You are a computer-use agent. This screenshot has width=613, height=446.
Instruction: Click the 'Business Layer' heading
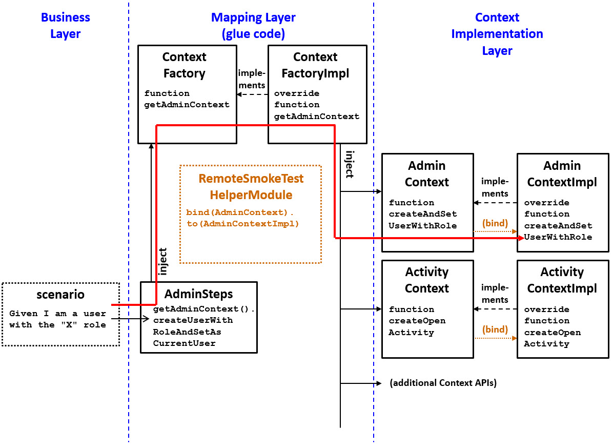point(65,26)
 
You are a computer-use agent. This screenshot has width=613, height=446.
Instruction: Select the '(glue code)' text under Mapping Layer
point(253,34)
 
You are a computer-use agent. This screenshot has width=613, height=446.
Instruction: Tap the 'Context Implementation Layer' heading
point(497,34)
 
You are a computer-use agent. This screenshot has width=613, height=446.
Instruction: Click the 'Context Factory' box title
point(184,65)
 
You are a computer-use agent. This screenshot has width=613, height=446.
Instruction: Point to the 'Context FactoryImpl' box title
point(315,65)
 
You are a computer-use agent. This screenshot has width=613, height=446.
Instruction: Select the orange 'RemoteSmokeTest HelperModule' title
point(251,187)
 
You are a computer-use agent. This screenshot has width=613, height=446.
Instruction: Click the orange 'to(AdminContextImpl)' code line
point(242,224)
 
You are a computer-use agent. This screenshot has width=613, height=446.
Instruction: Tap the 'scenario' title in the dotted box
point(60,295)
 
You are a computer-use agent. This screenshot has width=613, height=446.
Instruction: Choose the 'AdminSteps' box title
point(198,294)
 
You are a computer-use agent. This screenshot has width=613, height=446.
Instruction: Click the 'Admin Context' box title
point(427,174)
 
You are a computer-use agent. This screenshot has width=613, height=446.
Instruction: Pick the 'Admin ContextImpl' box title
point(562,174)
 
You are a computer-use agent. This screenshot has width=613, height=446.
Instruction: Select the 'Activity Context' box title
point(427,280)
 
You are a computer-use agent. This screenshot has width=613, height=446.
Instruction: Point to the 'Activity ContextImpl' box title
point(562,280)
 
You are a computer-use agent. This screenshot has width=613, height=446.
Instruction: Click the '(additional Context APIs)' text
point(443,383)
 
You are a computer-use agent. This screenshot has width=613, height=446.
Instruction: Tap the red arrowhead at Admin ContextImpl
point(520,238)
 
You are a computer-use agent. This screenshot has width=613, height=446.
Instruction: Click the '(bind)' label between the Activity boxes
point(495,329)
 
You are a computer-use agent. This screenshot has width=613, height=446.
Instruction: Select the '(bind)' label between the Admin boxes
point(495,223)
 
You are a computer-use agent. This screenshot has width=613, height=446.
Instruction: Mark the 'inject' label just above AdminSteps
point(164,262)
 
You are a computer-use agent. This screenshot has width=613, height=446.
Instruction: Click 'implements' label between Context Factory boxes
point(252,80)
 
